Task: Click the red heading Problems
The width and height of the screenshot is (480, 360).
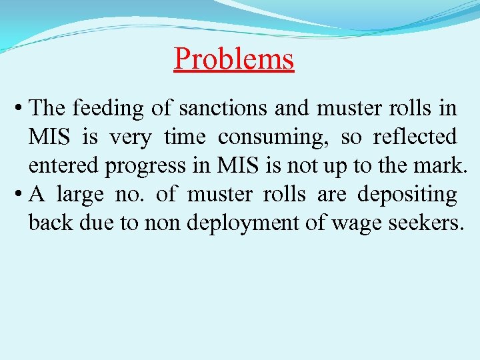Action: pyautogui.click(x=233, y=59)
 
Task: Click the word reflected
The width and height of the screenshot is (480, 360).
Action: pyautogui.click(x=415, y=137)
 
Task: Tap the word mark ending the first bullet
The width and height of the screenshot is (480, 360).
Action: pyautogui.click(x=439, y=166)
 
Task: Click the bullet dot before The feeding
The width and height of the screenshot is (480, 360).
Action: pyautogui.click(x=21, y=109)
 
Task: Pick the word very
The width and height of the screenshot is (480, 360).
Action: pyautogui.click(x=129, y=138)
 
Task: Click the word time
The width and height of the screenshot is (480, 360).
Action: pyautogui.click(x=185, y=137)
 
